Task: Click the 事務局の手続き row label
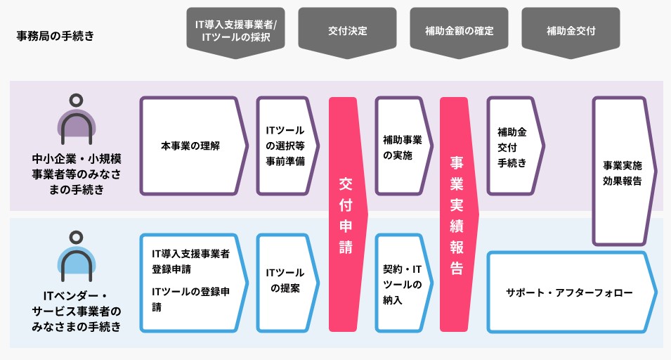coord(56,36)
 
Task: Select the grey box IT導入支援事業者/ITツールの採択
coord(236,32)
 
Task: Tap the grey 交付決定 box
coord(348,32)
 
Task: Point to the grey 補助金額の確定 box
coord(460,32)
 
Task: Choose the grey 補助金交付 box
coord(571,32)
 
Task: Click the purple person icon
coord(77,120)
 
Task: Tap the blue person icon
coord(77,257)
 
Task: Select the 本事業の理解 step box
coord(194,146)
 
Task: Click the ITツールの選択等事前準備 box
coord(287,146)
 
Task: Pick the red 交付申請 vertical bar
coord(348,214)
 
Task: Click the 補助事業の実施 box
coord(404,146)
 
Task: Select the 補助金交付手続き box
coord(516,146)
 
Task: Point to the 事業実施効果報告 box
coord(625,172)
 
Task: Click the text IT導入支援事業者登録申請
coord(191,262)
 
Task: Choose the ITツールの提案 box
coord(287,283)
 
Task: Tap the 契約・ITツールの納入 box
coord(404,283)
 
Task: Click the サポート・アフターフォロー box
coord(572,292)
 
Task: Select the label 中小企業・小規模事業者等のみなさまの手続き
coord(77,174)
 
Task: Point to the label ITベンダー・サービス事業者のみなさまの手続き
coord(77,311)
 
